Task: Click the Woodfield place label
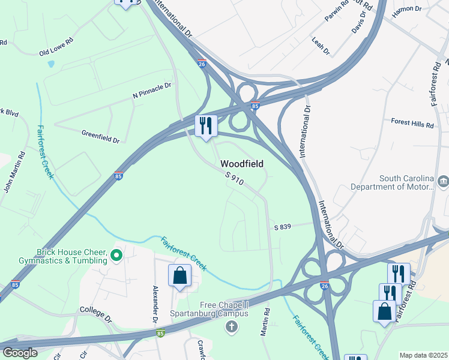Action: coord(242,163)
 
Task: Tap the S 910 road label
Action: coord(235,178)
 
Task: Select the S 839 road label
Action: coord(282,227)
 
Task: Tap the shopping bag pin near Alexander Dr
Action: coord(179,276)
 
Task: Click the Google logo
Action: coord(20,353)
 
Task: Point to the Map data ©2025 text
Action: coord(423,355)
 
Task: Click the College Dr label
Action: coord(95,314)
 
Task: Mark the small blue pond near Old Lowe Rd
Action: coord(51,63)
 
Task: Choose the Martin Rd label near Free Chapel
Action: coord(265,322)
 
